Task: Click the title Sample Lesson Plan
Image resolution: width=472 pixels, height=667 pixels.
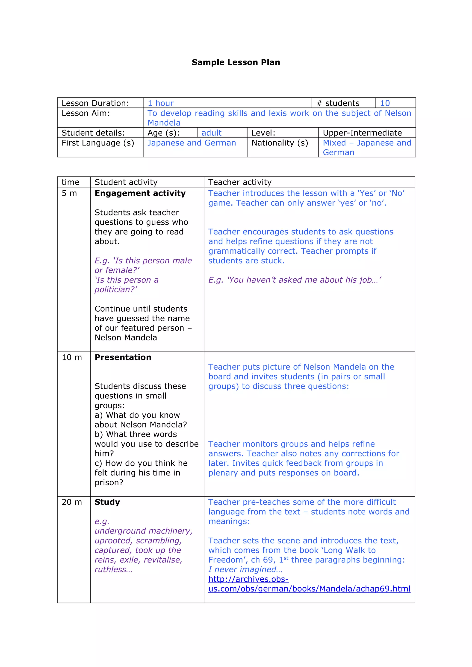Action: (x=236, y=62)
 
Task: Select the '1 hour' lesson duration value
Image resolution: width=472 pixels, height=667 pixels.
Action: (x=161, y=103)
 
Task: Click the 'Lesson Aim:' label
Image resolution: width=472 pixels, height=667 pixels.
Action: (x=86, y=113)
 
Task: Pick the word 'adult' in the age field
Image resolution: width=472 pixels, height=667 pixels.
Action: (x=211, y=133)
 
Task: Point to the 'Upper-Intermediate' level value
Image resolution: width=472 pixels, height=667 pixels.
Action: (x=362, y=133)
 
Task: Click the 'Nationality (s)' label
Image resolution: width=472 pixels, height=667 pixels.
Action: (x=280, y=143)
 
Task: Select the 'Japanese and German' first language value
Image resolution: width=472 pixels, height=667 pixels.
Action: (x=192, y=143)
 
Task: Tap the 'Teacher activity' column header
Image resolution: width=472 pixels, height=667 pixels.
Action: (x=240, y=182)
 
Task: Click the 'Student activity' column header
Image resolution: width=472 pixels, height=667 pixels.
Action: (x=126, y=182)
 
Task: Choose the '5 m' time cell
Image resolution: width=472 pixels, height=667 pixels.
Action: (x=69, y=193)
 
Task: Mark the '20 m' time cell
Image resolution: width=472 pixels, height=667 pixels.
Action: (x=71, y=502)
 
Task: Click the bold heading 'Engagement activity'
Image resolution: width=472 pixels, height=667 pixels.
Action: (x=140, y=193)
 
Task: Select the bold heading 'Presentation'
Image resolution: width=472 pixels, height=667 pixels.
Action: (x=123, y=357)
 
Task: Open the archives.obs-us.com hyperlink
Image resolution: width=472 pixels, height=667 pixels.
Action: (x=309, y=589)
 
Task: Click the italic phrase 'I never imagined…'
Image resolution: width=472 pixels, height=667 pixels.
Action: (x=245, y=569)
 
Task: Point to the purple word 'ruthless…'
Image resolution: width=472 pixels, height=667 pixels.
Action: (x=113, y=569)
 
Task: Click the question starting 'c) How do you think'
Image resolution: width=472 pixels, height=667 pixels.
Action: (x=141, y=463)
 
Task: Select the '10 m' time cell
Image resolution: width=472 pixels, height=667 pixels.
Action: (x=71, y=357)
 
